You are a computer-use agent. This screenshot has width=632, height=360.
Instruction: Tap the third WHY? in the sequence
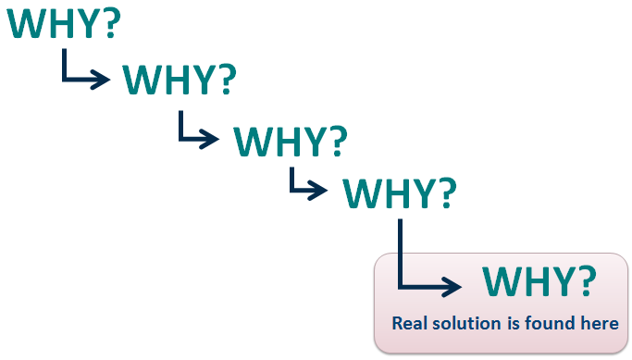click(291, 140)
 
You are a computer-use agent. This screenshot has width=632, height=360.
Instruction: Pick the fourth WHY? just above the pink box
click(400, 192)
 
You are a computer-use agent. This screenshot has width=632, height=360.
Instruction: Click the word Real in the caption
click(410, 324)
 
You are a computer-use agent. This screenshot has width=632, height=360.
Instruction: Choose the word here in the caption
click(599, 324)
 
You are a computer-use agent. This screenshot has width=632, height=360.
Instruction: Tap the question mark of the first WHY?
click(110, 23)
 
